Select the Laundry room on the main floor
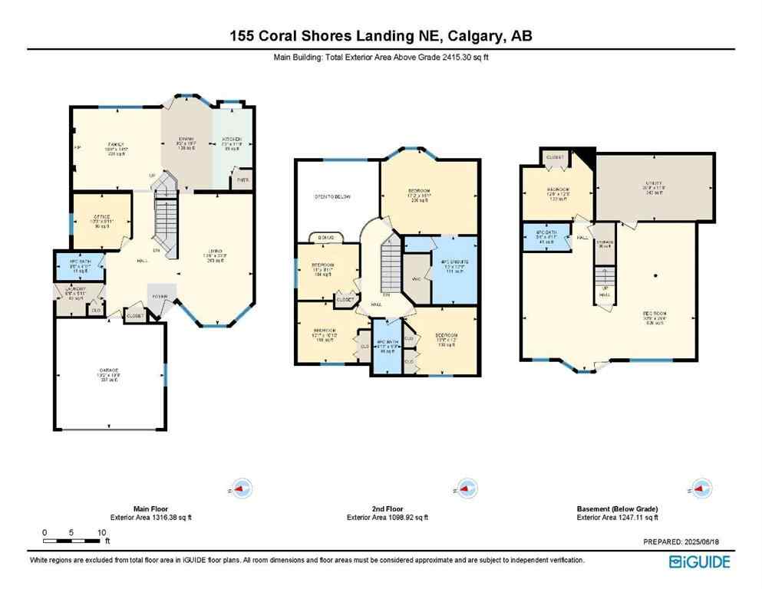(x=74, y=294)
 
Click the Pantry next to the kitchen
(x=243, y=180)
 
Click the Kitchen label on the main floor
(x=233, y=143)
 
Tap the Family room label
(x=117, y=143)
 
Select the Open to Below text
(x=334, y=197)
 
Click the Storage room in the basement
(x=605, y=243)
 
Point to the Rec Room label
(x=653, y=314)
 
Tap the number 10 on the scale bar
(x=101, y=532)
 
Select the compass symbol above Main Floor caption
(x=242, y=488)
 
